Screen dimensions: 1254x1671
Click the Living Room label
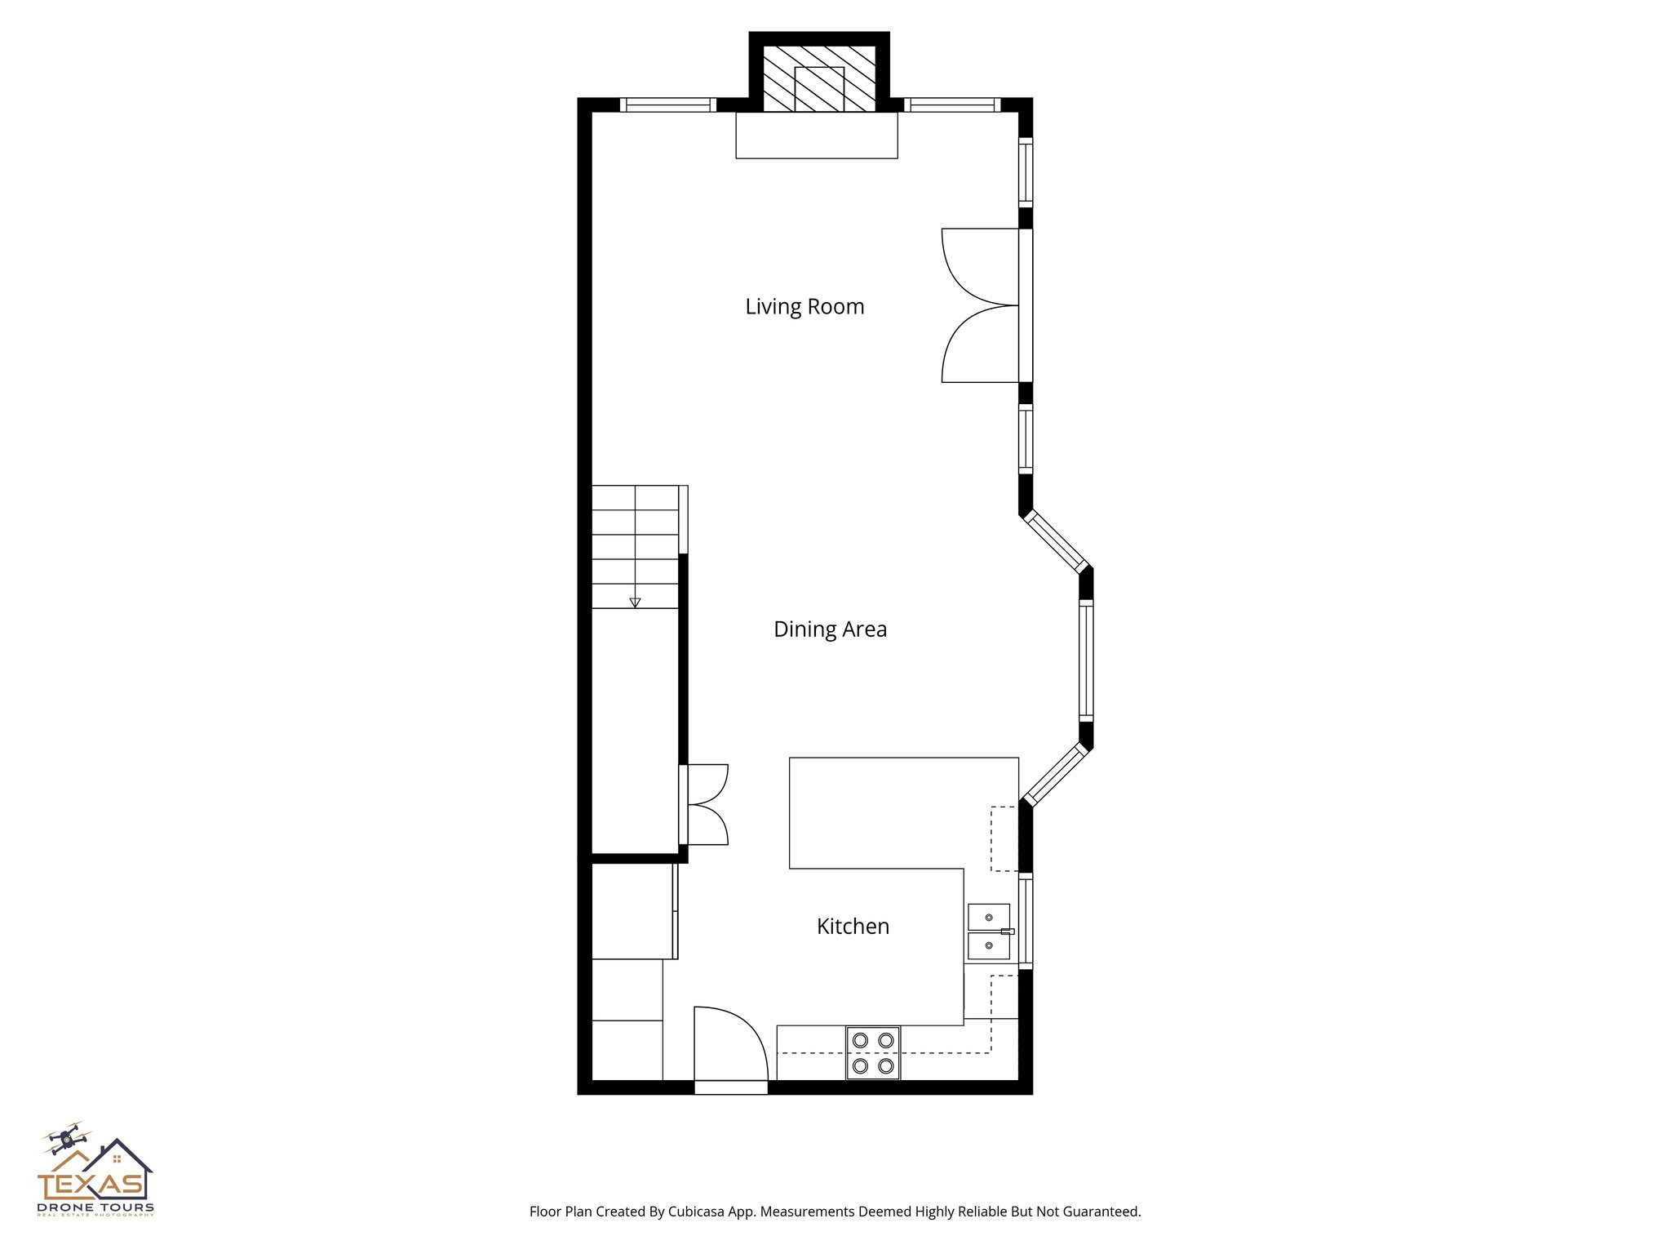click(x=804, y=307)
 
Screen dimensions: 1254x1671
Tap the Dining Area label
click(x=830, y=629)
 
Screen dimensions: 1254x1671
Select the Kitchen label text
click(x=853, y=927)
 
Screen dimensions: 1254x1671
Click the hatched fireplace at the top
click(x=819, y=78)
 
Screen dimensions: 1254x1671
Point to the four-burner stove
click(x=873, y=1053)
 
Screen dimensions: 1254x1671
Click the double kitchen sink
click(x=989, y=932)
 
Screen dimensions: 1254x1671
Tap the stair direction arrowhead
click(x=635, y=603)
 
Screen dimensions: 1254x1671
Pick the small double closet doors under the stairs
click(x=706, y=805)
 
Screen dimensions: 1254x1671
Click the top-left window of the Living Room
click(x=667, y=104)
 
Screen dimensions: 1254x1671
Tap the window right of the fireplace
click(x=951, y=104)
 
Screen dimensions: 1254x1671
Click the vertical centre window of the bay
click(x=1086, y=660)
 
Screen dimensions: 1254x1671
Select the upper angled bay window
click(x=1056, y=540)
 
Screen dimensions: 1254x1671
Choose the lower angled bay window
click(x=1056, y=774)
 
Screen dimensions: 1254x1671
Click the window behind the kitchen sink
click(x=1026, y=921)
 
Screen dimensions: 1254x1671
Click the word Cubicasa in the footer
click(x=697, y=1212)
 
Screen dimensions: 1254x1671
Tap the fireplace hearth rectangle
click(x=817, y=136)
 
